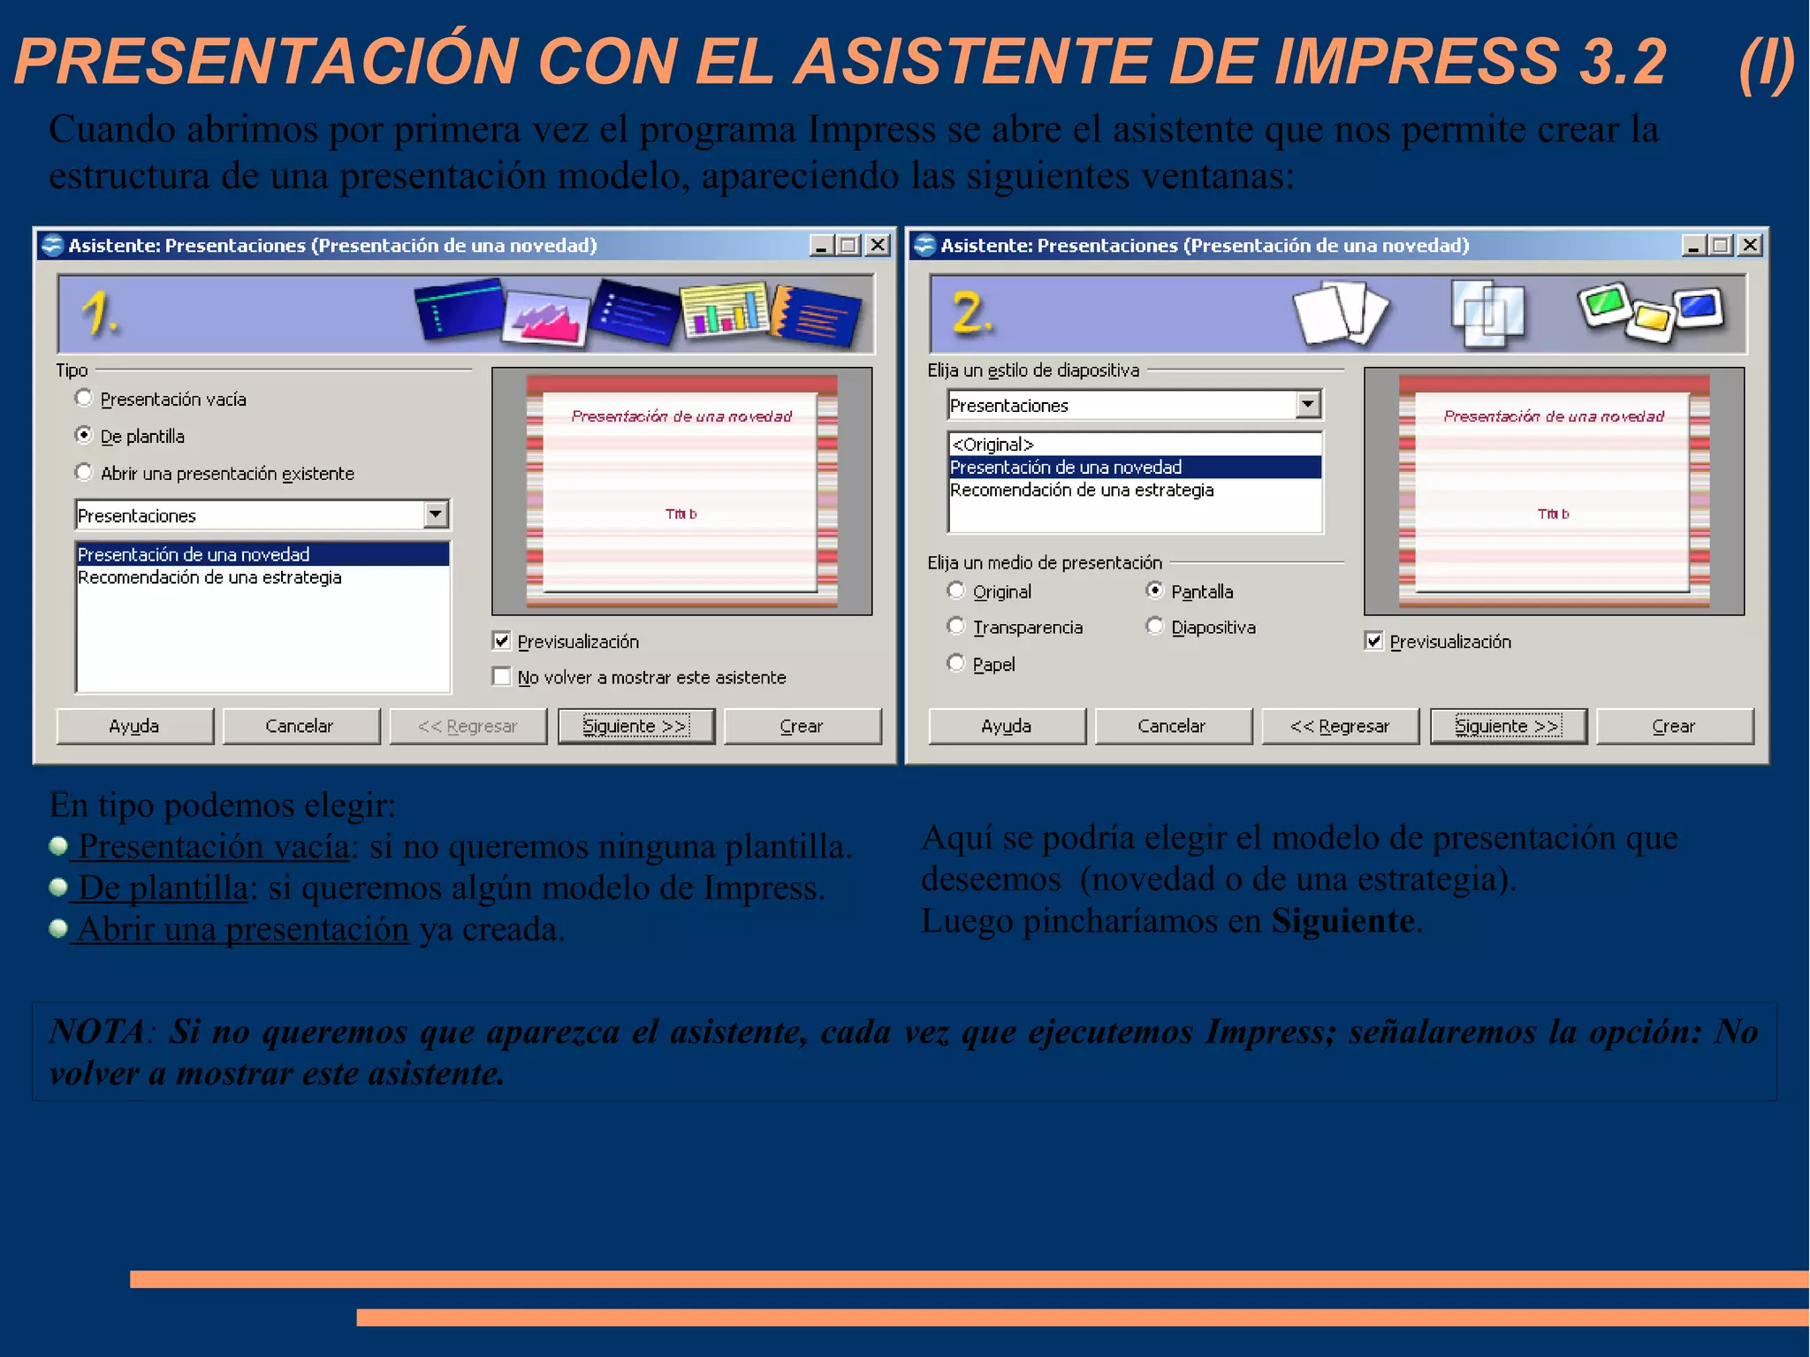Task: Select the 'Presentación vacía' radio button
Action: [84, 399]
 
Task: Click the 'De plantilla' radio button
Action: [84, 436]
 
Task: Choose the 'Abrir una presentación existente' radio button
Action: [84, 473]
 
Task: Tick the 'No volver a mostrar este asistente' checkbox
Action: [502, 677]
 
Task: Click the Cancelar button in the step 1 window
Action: [300, 726]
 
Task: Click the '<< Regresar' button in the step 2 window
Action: [1340, 726]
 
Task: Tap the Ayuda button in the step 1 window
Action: [134, 726]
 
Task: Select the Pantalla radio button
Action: [1154, 591]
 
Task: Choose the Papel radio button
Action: [955, 663]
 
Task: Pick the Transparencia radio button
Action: [955, 627]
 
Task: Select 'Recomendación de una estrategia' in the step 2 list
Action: [1082, 490]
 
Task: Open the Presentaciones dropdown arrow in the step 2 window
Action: [1308, 405]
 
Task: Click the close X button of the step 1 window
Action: [878, 245]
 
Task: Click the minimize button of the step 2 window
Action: [1693, 245]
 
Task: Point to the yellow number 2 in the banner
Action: [971, 314]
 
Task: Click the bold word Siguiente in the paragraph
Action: [1342, 921]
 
